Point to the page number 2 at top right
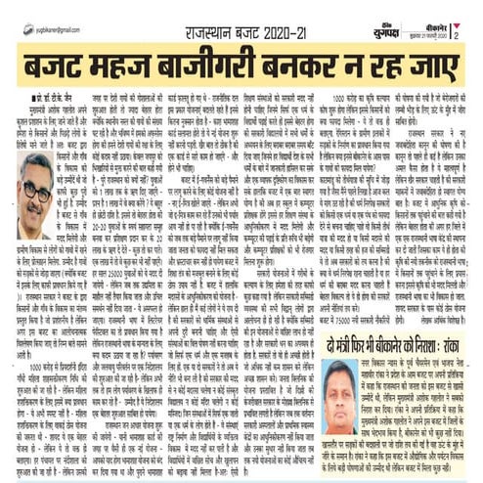click(456, 10)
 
